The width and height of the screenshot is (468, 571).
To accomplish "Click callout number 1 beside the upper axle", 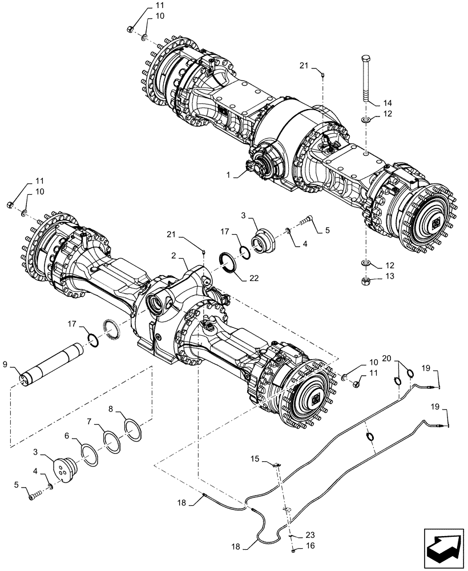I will [229, 175].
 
